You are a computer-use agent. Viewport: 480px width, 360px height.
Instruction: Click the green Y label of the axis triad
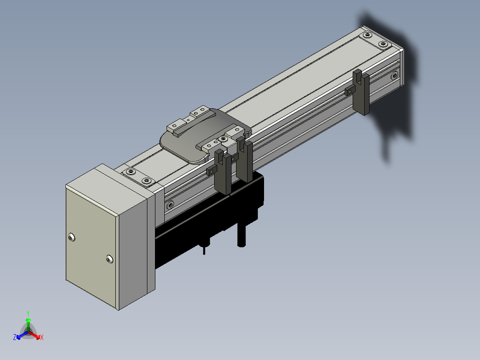coord(28,314)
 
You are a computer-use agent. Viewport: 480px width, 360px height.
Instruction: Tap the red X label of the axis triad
coord(42,337)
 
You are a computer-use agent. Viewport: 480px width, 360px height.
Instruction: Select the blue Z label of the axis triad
coord(15,337)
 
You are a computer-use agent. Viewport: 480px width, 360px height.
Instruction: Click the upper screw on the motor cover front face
coord(71,237)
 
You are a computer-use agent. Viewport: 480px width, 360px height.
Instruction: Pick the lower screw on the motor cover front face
coord(109,259)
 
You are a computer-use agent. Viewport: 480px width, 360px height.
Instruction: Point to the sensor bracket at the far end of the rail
coord(361,92)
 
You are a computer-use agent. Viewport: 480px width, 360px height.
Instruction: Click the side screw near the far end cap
coord(395,75)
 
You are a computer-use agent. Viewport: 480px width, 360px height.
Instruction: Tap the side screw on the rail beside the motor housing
coord(170,205)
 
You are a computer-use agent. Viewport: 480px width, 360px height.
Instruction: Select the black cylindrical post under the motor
coord(241,234)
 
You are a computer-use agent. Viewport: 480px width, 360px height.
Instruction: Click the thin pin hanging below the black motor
coord(204,250)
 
